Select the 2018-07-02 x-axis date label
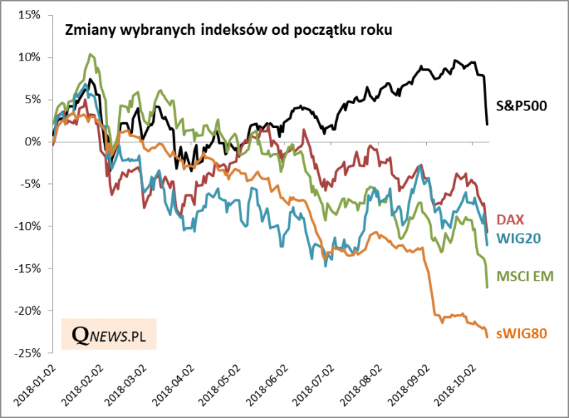coord(314,387)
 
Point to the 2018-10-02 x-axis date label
coord(454,387)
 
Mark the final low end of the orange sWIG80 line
coord(486,337)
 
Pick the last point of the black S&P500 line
coord(486,125)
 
